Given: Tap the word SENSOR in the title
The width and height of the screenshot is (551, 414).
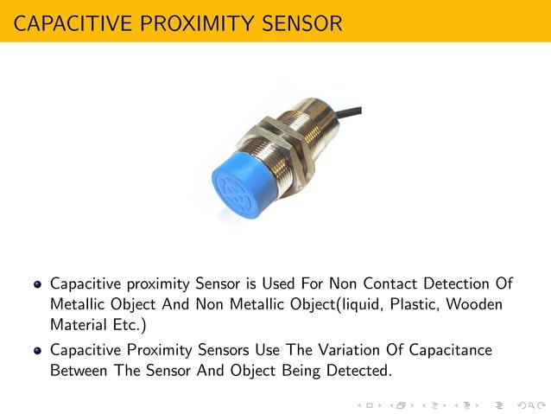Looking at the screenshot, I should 302,22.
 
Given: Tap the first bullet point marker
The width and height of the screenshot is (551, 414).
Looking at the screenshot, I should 37,283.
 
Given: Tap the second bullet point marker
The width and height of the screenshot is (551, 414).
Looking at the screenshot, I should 37,351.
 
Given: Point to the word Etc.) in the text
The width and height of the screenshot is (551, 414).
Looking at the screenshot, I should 129,325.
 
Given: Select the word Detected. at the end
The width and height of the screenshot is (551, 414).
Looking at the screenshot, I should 355,371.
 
